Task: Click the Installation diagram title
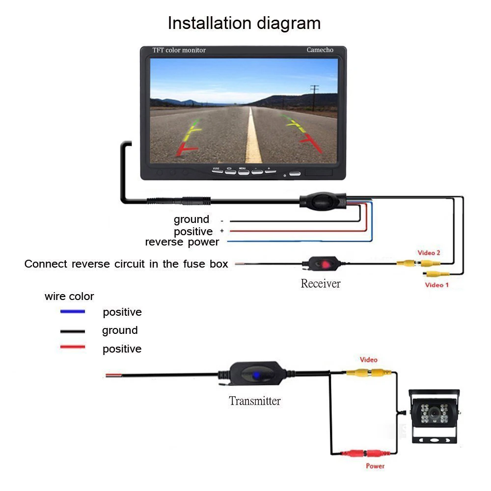point(244,23)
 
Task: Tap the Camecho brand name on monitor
point(320,50)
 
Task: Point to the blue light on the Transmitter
point(256,376)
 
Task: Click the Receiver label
point(320,283)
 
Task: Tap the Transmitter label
point(254,401)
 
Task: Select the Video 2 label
point(429,253)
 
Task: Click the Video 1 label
point(436,285)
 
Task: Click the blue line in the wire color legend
point(72,312)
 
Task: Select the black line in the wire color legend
point(72,330)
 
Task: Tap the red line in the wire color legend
point(72,348)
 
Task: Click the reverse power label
point(182,242)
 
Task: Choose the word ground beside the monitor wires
point(191,219)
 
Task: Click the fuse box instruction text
point(126,264)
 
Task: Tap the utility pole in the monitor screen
point(314,96)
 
